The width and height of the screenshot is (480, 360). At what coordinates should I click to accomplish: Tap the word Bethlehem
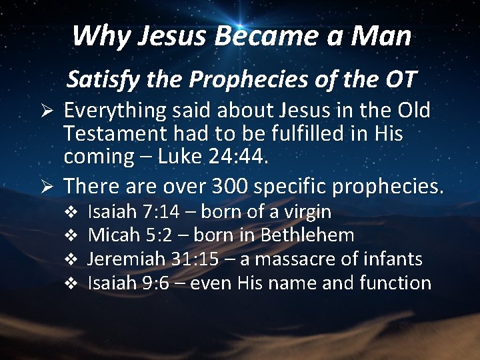point(307,235)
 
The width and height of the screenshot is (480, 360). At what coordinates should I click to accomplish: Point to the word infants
point(392,259)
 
